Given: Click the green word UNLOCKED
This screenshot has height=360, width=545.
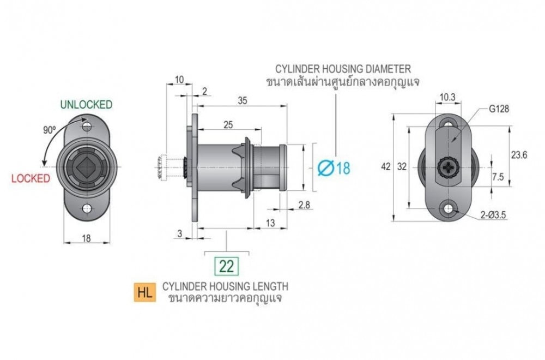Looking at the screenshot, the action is pyautogui.click(x=86, y=104).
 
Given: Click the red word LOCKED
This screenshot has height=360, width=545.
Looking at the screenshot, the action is pyautogui.click(x=31, y=178).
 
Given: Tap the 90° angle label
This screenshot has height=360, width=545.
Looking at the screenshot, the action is pyautogui.click(x=50, y=130).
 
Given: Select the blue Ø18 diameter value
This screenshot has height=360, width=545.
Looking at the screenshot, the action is pyautogui.click(x=334, y=168).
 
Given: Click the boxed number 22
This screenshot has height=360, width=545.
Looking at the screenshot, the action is pyautogui.click(x=227, y=266).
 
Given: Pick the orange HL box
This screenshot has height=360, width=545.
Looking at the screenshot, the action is pyautogui.click(x=145, y=292).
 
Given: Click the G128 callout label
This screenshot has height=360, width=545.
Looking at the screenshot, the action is pyautogui.click(x=499, y=109).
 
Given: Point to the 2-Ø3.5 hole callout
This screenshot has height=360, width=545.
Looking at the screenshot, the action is pyautogui.click(x=493, y=215).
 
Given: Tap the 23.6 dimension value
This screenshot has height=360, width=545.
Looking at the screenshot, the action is pyautogui.click(x=519, y=155).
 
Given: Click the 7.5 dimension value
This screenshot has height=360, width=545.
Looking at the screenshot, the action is pyautogui.click(x=498, y=177).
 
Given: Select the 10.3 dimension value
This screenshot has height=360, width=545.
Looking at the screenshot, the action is pyautogui.click(x=447, y=98).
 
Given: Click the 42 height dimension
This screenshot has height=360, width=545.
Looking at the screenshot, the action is pyautogui.click(x=386, y=166).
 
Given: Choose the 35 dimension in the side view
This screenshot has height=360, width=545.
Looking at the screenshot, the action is pyautogui.click(x=243, y=100).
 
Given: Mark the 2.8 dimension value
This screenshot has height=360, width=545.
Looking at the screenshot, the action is pyautogui.click(x=304, y=205).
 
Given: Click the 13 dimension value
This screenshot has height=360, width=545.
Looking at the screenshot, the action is pyautogui.click(x=270, y=223).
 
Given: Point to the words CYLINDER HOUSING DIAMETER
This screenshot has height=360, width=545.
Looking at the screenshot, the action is pyautogui.click(x=343, y=69).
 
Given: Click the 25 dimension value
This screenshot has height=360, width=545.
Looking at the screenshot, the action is pyautogui.click(x=228, y=124).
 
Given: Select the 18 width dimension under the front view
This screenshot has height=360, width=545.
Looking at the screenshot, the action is pyautogui.click(x=86, y=238).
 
